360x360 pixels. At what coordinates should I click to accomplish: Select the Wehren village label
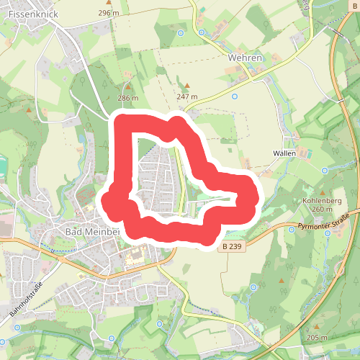(x=243, y=57)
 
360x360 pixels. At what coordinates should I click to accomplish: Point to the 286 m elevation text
(x=127, y=98)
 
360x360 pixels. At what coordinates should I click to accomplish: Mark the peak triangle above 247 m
(x=186, y=86)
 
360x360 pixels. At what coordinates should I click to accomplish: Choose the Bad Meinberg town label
(x=92, y=232)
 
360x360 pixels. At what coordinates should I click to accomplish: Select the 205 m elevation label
(x=317, y=338)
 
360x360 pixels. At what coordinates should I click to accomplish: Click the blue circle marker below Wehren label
(x=234, y=94)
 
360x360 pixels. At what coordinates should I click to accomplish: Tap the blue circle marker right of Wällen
(x=325, y=171)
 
